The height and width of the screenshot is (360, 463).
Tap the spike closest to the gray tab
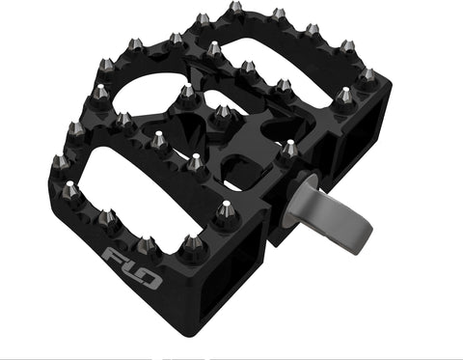tap(289, 149)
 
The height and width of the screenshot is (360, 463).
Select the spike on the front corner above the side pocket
tap(224, 209)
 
